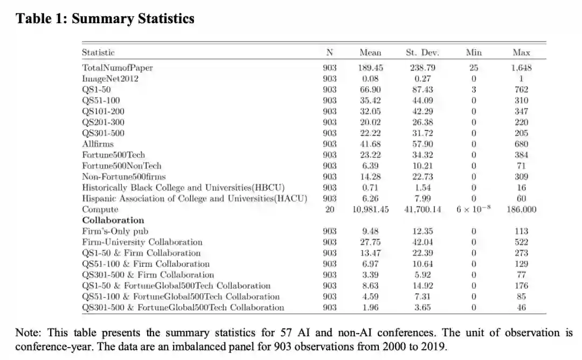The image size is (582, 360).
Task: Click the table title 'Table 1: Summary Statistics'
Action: [x=105, y=19]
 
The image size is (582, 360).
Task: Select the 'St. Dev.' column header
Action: [x=422, y=52]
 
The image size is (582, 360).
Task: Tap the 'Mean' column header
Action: [x=370, y=52]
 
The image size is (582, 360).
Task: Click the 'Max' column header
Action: [x=521, y=52]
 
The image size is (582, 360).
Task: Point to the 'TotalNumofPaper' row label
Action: [x=117, y=68]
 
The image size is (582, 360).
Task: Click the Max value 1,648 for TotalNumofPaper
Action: [x=521, y=68]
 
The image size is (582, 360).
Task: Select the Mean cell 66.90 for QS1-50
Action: [x=370, y=89]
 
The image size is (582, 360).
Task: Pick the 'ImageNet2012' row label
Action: [x=110, y=79]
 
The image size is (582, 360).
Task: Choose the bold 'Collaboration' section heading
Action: [x=113, y=220]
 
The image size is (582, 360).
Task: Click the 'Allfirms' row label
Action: [x=98, y=144]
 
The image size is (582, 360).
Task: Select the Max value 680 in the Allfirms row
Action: [x=521, y=144]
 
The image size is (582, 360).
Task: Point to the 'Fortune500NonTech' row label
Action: [x=121, y=165]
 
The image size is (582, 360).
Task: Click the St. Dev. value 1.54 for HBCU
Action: [x=422, y=188]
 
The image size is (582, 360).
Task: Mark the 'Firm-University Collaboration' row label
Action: [x=142, y=242]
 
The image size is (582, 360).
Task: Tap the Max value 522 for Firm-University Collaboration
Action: [x=521, y=242]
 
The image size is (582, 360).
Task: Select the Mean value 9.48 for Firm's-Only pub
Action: [x=370, y=231]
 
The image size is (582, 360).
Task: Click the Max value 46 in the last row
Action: [x=521, y=307]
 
